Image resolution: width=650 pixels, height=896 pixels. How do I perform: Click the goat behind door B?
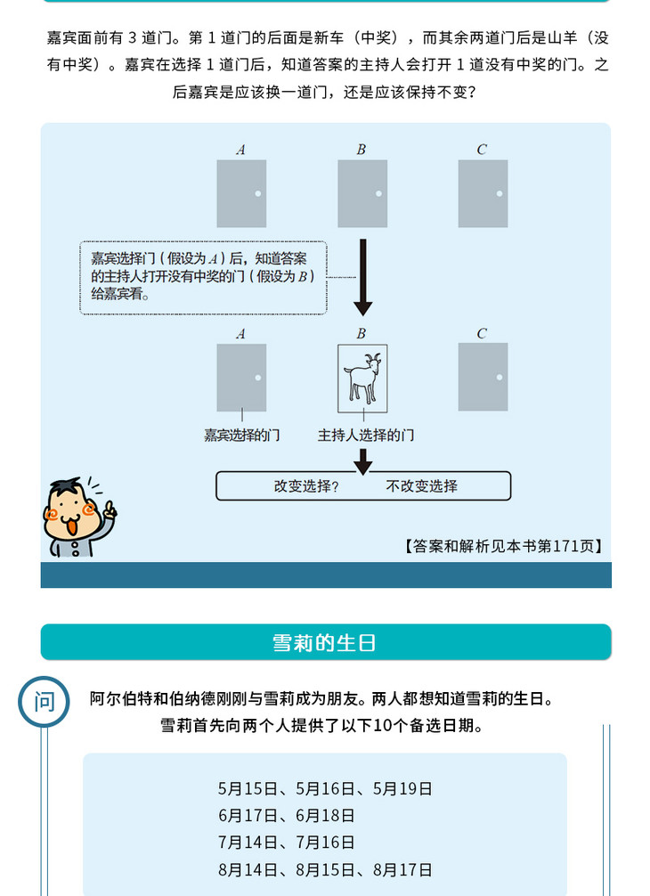pyautogui.click(x=362, y=378)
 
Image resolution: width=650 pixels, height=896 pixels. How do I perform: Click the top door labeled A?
pyautogui.click(x=241, y=193)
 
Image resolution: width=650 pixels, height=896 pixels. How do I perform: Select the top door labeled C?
pyautogui.click(x=483, y=193)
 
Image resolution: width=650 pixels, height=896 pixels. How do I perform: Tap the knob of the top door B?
pyautogui.click(x=378, y=193)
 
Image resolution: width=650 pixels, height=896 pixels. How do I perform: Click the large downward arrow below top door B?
pyautogui.click(x=362, y=277)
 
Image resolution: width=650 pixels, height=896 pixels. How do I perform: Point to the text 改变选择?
pyautogui.click(x=306, y=486)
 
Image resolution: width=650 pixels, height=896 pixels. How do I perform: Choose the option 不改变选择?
pyautogui.click(x=421, y=486)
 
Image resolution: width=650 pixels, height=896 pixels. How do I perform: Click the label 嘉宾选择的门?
pyautogui.click(x=241, y=436)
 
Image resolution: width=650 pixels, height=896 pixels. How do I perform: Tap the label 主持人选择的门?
pyautogui.click(x=365, y=436)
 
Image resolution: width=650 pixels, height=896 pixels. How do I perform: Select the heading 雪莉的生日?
pyautogui.click(x=325, y=642)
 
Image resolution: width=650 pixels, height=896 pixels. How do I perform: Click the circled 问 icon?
pyautogui.click(x=44, y=701)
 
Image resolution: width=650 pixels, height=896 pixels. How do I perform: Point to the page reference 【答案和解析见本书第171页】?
pyautogui.click(x=503, y=546)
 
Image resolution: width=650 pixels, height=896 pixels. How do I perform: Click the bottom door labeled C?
pyautogui.click(x=483, y=377)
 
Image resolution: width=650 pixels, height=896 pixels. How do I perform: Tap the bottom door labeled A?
pyautogui.click(x=241, y=378)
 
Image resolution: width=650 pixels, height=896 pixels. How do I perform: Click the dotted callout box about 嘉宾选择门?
pyautogui.click(x=203, y=277)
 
